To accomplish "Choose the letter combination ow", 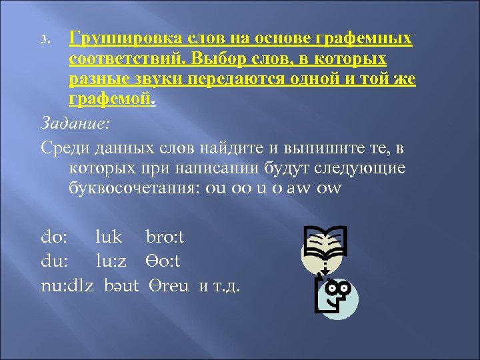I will coord(331,188).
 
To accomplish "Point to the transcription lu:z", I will coord(115,262).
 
